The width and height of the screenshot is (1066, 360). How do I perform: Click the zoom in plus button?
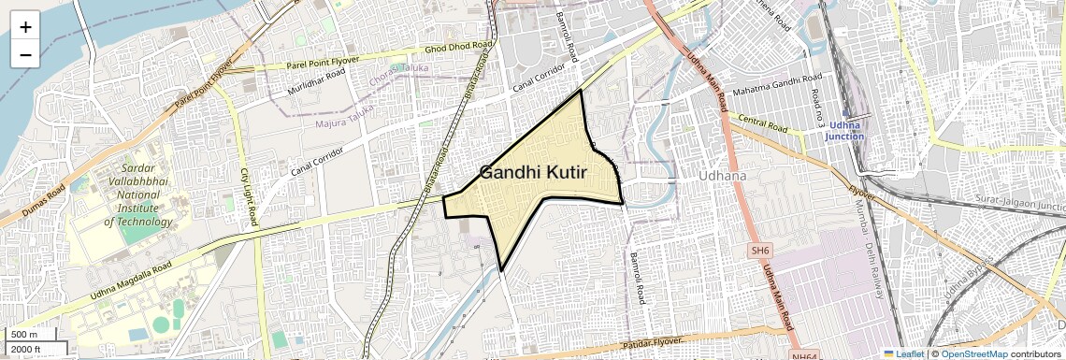(x=25, y=27)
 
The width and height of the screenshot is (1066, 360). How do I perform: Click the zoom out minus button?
(x=25, y=54)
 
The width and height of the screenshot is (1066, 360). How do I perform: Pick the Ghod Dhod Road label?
(x=458, y=47)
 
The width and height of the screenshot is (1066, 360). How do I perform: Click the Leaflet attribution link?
(x=902, y=354)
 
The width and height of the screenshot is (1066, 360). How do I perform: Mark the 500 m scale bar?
(x=32, y=335)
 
